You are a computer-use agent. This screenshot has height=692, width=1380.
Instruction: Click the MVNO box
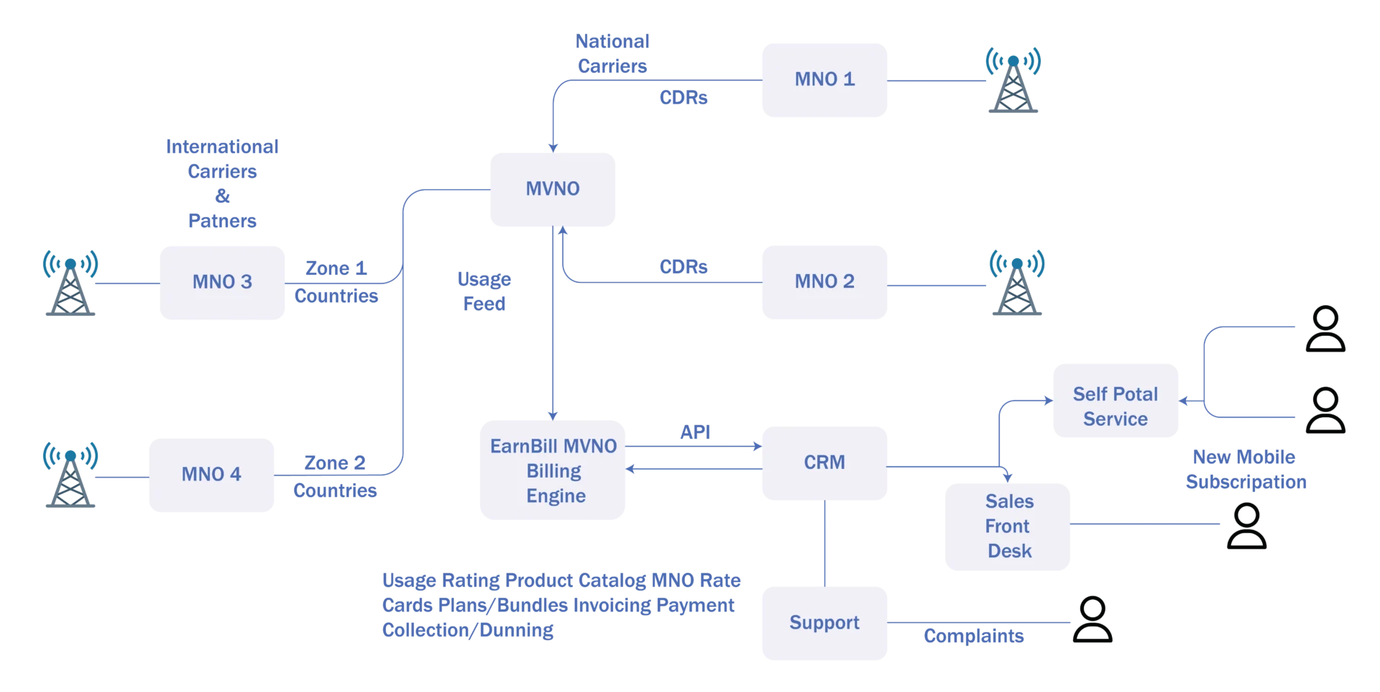coord(553,189)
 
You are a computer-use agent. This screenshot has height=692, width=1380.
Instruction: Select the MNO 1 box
coord(824,79)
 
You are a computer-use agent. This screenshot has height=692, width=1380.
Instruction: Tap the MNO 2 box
coord(824,281)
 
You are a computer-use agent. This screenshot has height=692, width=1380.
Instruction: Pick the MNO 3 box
coord(221,281)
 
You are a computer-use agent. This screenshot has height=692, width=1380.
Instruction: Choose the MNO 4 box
coord(210,475)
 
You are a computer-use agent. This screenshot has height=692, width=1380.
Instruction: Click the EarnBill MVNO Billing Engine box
coord(552,471)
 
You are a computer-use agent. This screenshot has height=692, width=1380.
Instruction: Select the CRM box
coord(824,463)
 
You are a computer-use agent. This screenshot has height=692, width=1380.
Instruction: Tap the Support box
coord(824,623)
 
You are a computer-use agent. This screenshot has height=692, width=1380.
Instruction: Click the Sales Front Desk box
coord(1008,526)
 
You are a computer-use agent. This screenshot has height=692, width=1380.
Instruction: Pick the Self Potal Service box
coord(1115,406)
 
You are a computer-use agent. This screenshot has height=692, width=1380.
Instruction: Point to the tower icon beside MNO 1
coord(1013,81)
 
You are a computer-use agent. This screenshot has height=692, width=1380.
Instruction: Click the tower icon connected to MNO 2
coord(1017,282)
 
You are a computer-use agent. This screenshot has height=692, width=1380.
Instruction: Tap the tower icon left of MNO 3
coord(69,282)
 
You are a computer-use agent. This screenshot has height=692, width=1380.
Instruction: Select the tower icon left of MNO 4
coord(69,475)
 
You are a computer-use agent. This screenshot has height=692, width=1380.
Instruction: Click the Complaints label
coord(974,636)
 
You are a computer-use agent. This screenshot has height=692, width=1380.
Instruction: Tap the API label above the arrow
coord(695,432)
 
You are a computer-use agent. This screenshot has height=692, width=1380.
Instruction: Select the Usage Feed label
coord(484,291)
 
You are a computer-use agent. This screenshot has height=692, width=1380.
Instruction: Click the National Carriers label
coord(612,54)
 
